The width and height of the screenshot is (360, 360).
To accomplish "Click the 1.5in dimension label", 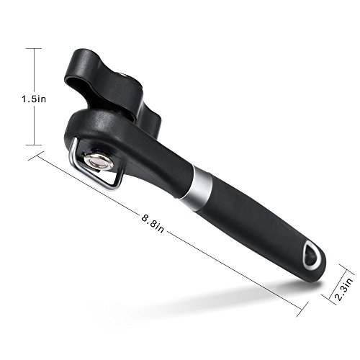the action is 34,99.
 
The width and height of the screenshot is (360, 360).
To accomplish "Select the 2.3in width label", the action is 344,289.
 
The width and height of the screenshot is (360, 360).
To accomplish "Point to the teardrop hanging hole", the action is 312,254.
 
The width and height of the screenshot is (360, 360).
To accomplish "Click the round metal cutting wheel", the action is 99,161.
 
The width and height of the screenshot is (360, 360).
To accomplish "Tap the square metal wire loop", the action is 96,166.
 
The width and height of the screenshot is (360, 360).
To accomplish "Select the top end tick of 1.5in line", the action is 34,48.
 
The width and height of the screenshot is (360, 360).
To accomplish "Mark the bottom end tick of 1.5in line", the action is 34,145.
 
